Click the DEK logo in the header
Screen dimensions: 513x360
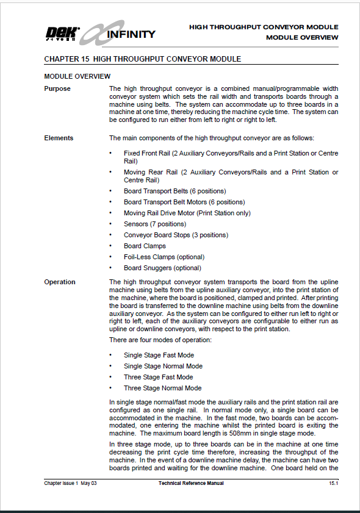click(x=60, y=34)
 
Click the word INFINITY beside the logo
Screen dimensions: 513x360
click(x=131, y=34)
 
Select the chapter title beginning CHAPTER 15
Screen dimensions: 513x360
click(x=142, y=59)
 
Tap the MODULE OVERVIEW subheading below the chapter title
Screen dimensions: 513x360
click(x=77, y=76)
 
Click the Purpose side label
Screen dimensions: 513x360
click(x=57, y=88)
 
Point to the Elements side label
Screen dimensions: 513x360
click(x=59, y=138)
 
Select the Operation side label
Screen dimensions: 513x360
click(x=60, y=282)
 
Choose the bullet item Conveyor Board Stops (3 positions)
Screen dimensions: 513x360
click(x=176, y=235)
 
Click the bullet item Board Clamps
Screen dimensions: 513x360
click(x=145, y=246)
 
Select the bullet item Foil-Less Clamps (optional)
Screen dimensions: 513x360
click(x=164, y=257)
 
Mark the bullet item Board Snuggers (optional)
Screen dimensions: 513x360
click(x=162, y=268)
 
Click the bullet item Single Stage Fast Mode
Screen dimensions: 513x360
click(x=158, y=355)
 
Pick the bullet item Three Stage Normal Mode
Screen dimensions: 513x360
click(x=162, y=388)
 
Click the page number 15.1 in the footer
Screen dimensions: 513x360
click(x=333, y=483)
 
